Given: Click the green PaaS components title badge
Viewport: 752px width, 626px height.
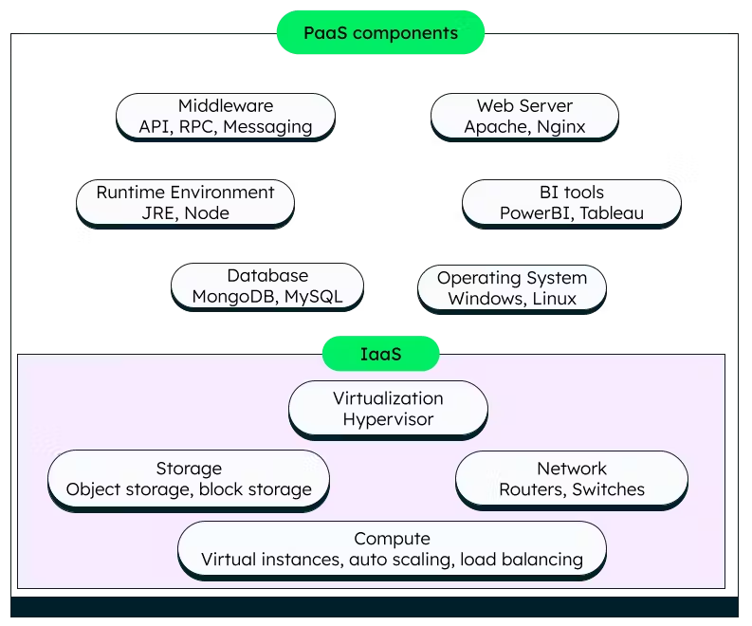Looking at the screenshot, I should [x=380, y=33].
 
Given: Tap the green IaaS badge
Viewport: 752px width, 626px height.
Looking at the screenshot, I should [x=380, y=355].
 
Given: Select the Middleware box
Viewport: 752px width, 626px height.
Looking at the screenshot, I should [x=226, y=117].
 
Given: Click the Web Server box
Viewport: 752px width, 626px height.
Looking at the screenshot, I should [x=524, y=117].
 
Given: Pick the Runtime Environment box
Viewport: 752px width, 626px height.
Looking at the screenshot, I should [x=185, y=203].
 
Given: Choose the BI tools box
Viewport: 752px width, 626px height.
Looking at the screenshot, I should [x=571, y=203].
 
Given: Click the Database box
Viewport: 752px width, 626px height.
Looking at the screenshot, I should [x=267, y=286].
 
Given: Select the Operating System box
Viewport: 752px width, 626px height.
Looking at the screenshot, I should [x=512, y=288].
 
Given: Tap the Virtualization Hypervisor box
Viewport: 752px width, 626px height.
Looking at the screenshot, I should [x=388, y=409].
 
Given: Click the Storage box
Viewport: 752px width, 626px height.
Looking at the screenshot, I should [x=189, y=479].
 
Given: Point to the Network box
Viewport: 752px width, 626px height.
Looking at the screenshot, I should [x=572, y=479].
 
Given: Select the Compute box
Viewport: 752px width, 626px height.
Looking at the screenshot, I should [x=392, y=549].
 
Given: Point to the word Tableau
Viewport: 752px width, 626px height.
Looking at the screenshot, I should [x=612, y=213].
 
